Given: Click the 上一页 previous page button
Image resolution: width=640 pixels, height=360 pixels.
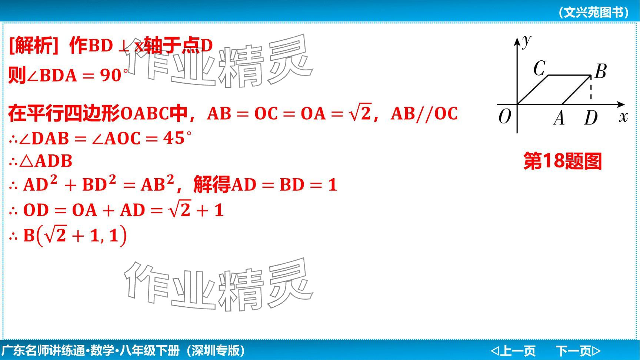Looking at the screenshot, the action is click(x=513, y=350).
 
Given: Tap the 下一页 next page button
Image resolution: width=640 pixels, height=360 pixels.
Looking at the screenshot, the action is click(x=578, y=350).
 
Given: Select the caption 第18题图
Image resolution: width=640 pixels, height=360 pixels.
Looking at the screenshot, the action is click(x=563, y=161).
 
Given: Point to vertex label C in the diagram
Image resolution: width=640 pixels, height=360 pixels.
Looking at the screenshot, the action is click(x=539, y=68).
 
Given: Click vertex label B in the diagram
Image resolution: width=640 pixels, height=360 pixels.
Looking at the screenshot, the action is click(x=600, y=71).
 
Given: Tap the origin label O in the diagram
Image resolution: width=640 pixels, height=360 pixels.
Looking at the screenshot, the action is click(x=505, y=117).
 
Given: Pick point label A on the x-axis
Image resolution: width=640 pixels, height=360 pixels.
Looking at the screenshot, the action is click(x=559, y=118).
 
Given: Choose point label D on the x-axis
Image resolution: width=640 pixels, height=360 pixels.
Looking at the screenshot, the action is click(x=591, y=118).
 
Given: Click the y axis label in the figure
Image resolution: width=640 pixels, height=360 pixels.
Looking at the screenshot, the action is click(x=526, y=41).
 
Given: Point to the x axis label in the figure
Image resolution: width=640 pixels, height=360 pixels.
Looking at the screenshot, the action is click(x=623, y=117).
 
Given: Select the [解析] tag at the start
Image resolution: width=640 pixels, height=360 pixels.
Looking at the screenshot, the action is click(x=34, y=46).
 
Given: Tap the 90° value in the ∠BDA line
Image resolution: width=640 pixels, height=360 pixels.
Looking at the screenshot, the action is click(x=114, y=75).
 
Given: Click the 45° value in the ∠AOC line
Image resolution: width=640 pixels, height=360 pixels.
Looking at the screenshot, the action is click(x=177, y=138).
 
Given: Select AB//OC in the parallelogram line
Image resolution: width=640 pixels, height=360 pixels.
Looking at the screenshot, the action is click(x=424, y=113).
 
